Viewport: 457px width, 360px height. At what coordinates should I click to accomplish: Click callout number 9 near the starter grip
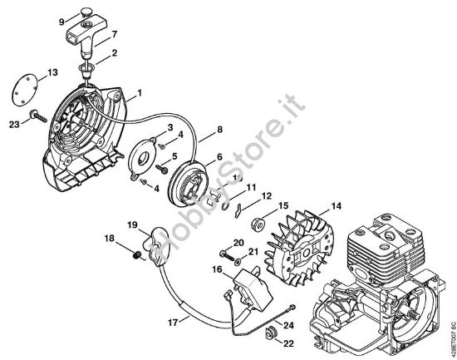tap(61, 21)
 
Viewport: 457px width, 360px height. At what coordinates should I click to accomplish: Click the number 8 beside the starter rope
tap(219, 129)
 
